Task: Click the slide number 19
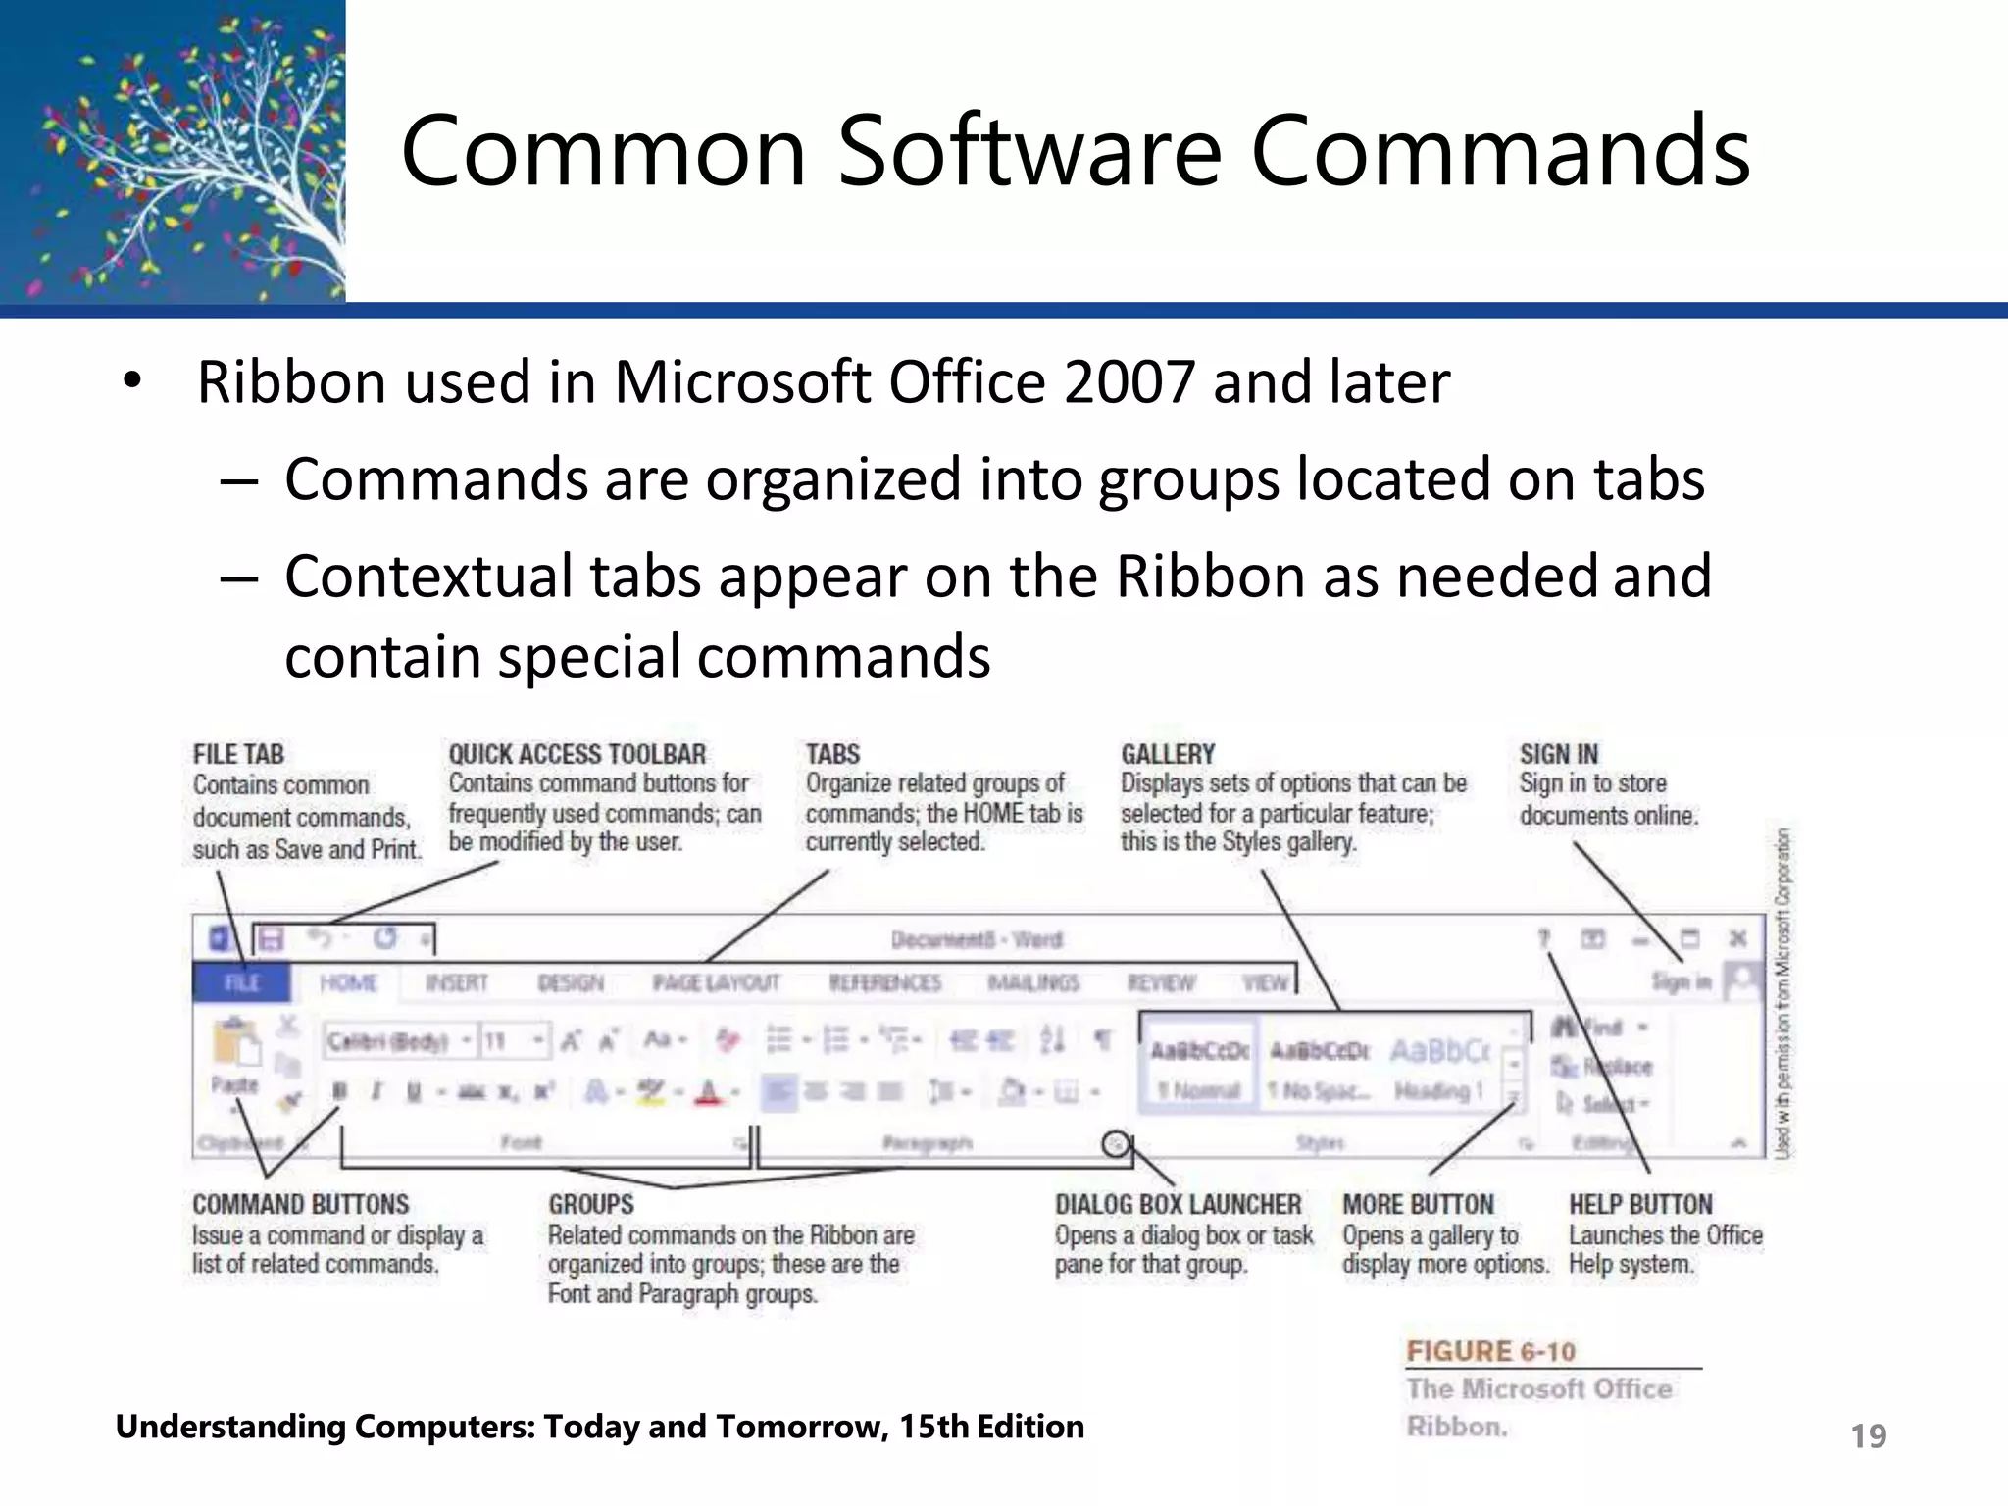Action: click(1868, 1436)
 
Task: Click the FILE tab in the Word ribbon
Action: click(241, 982)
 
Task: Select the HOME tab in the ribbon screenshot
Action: click(348, 982)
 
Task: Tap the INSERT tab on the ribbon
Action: click(456, 982)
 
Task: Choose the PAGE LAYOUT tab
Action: click(717, 982)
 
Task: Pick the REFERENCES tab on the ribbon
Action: click(884, 982)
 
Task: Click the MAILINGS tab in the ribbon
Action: click(1032, 982)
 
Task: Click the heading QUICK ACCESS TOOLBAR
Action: click(577, 754)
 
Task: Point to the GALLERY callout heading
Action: click(1168, 754)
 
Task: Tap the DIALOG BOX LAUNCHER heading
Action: click(1178, 1204)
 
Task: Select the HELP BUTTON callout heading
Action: click(1640, 1204)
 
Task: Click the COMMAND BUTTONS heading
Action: click(300, 1204)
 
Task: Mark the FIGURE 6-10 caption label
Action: click(1490, 1351)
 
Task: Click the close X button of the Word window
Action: click(1737, 938)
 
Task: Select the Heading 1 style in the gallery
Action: click(1439, 1069)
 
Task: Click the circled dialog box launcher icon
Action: click(1116, 1143)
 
